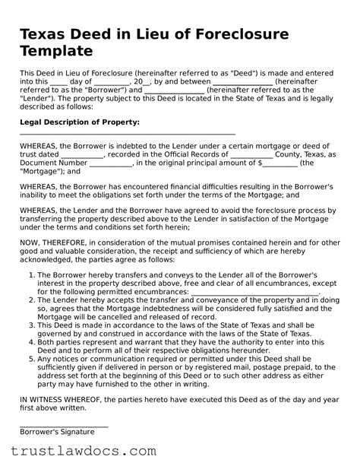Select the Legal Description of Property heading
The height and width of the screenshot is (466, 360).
[79, 122]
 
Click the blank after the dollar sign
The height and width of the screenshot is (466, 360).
[279, 163]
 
